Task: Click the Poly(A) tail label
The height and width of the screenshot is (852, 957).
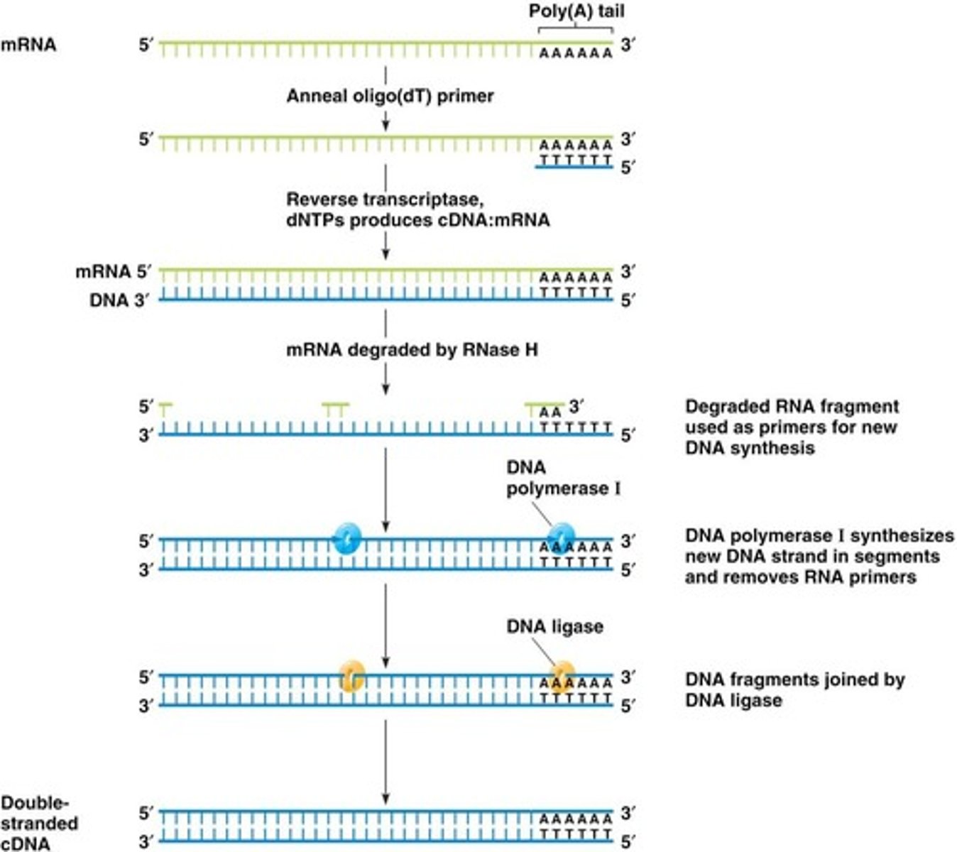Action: pyautogui.click(x=576, y=11)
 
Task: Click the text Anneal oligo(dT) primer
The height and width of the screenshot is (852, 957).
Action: pyautogui.click(x=390, y=96)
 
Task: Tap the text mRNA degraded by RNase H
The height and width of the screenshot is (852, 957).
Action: pyautogui.click(x=412, y=350)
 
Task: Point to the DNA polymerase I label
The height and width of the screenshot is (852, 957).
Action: pyautogui.click(x=563, y=478)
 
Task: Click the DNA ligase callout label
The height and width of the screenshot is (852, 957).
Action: pyautogui.click(x=554, y=626)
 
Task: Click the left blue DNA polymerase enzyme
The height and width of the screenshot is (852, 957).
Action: pyautogui.click(x=347, y=539)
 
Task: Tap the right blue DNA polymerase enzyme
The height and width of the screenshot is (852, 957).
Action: pyautogui.click(x=561, y=537)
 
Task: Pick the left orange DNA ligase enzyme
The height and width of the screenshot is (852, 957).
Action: pyautogui.click(x=352, y=676)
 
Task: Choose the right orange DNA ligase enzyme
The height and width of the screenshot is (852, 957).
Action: pyautogui.click(x=562, y=676)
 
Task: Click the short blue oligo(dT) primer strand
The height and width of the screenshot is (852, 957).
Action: pyautogui.click(x=574, y=167)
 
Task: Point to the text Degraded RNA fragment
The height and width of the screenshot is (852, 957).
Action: pyautogui.click(x=792, y=407)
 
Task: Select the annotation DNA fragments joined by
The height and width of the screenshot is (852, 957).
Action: pyautogui.click(x=794, y=679)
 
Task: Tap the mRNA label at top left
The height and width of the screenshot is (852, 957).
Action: pyautogui.click(x=28, y=45)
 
